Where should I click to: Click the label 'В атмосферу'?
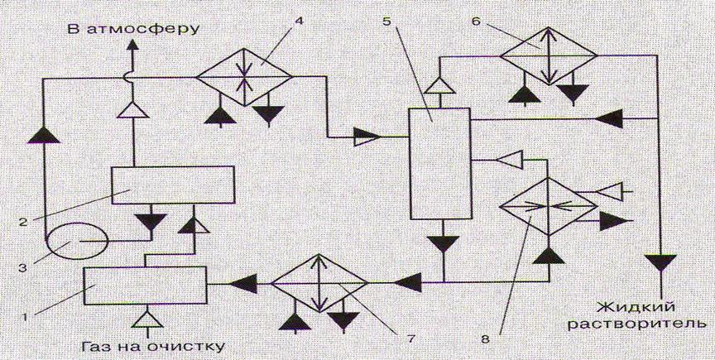click(x=132, y=29)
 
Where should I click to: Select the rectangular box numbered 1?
click(x=145, y=286)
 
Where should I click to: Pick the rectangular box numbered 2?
click(x=173, y=185)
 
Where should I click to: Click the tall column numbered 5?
click(x=439, y=163)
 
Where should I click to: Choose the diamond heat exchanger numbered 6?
click(x=549, y=55)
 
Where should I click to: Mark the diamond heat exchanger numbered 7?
click(x=319, y=283)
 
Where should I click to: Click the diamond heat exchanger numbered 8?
click(x=549, y=206)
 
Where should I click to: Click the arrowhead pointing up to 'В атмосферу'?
click(x=132, y=45)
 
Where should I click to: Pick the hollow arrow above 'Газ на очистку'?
click(x=146, y=318)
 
